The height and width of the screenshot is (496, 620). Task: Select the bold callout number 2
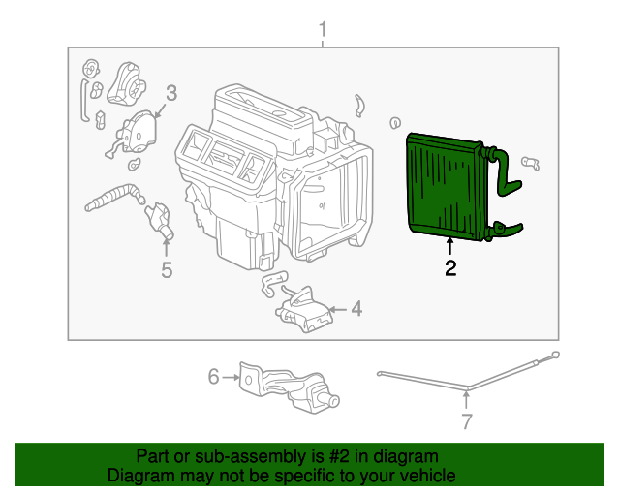[x=450, y=269]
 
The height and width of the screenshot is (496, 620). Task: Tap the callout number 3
[x=170, y=93]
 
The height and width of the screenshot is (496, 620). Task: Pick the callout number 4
[x=356, y=309]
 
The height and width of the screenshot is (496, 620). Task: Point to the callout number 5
[x=167, y=270]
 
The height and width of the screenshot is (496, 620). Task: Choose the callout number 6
[x=213, y=375]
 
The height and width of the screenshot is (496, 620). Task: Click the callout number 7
[x=466, y=421]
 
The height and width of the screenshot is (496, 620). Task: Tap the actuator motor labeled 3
[x=139, y=131]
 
